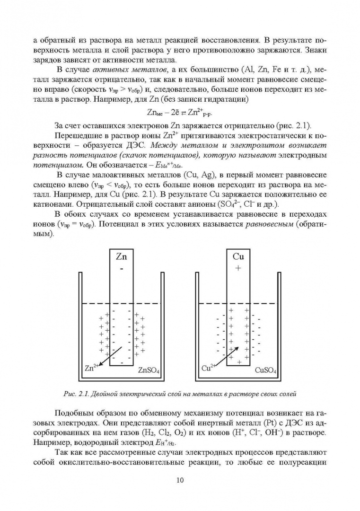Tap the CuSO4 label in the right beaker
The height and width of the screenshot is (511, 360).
pos(266,370)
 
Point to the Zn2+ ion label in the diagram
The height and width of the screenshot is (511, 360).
pos(92,367)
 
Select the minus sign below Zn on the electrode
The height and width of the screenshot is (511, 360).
pos(121,268)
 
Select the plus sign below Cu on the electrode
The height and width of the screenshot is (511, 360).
pos(238,268)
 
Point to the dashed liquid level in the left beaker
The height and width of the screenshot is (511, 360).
pos(95,303)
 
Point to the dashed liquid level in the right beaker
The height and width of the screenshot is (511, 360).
pos(211,303)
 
